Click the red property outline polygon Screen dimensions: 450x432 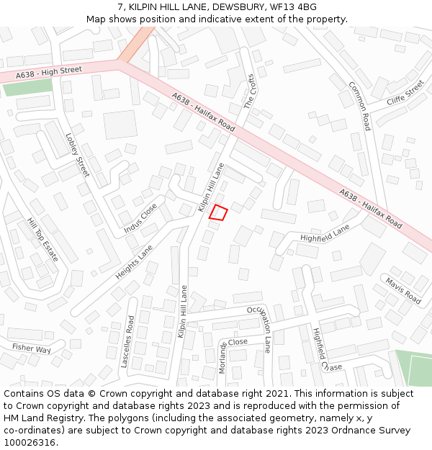coord(218,212)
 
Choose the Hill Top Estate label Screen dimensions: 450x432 coord(42,240)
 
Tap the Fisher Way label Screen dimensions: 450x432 coord(31,348)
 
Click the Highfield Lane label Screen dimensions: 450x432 coord(325,233)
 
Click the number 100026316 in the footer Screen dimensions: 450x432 coord(29,443)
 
